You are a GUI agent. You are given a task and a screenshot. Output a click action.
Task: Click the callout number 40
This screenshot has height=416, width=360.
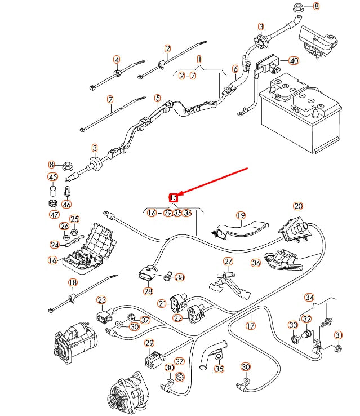pyautogui.click(x=294, y=60)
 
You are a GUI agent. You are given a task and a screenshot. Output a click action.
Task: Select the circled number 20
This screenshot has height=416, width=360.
pyautogui.click(x=298, y=206)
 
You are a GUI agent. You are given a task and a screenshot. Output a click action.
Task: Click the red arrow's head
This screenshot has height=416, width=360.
pyautogui.click(x=175, y=197)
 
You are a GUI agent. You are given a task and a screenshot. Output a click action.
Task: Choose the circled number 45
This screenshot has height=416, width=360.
pyautogui.click(x=53, y=178)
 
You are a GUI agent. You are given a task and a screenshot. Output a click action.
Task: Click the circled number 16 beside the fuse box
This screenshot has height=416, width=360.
pyautogui.click(x=52, y=260)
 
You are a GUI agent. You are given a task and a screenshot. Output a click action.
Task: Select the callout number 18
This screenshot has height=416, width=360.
pyautogui.click(x=72, y=283)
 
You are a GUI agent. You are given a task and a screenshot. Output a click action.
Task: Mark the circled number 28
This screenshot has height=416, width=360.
pyautogui.click(x=148, y=291)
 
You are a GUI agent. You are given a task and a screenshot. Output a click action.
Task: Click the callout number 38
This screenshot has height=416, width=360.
pyautogui.click(x=180, y=277)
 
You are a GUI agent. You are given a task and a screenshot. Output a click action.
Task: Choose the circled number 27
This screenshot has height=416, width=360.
pyautogui.click(x=228, y=262)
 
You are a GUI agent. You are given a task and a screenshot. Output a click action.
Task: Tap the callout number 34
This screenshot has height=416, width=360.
pyautogui.click(x=309, y=297)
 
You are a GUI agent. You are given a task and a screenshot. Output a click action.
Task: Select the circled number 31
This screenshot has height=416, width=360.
pyautogui.click(x=338, y=335)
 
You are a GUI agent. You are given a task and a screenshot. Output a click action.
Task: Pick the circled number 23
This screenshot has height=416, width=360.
pyautogui.click(x=101, y=300)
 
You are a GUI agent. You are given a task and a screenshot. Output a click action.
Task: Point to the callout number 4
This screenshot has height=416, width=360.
pyautogui.click(x=117, y=60)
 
